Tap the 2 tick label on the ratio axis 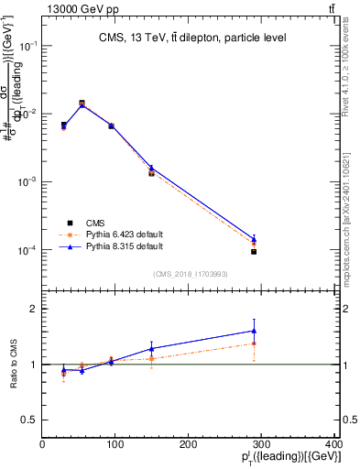pyautogui.click(x=34, y=310)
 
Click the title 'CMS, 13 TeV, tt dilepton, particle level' pyautogui.click(x=192, y=38)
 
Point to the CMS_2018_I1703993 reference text pyautogui.click(x=191, y=273)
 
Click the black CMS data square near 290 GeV pyautogui.click(x=254, y=252)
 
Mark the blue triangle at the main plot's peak pyautogui.click(x=82, y=104)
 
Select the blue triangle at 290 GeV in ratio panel pyautogui.click(x=254, y=331)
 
